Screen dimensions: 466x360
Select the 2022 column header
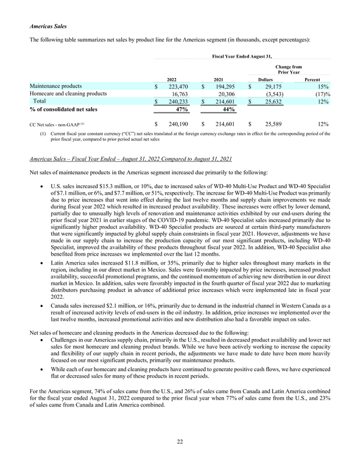coord(172,79)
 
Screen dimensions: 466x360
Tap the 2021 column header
coord(219,79)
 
